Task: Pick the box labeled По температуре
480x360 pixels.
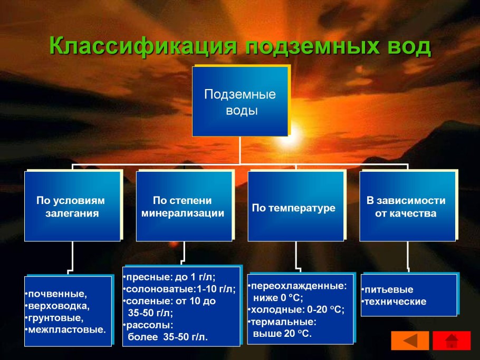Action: click(294, 208)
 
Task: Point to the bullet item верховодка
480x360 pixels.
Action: click(59, 306)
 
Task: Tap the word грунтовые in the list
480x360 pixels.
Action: click(55, 318)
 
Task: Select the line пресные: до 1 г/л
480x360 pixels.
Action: click(171, 277)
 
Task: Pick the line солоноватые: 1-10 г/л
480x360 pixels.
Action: click(180, 289)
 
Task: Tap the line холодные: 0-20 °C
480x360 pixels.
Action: click(297, 310)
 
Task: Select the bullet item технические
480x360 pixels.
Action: click(396, 302)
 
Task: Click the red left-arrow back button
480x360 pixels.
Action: click(409, 340)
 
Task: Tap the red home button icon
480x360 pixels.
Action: click(451, 340)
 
